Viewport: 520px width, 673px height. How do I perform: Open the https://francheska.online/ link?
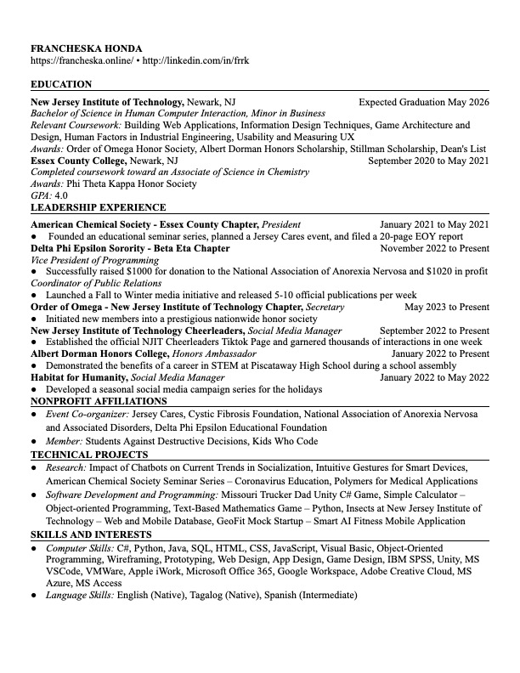click(81, 61)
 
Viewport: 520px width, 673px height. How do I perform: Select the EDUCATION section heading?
click(61, 85)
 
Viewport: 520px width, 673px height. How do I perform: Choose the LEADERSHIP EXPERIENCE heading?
click(98, 207)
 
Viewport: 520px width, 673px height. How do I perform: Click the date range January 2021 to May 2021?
click(434, 224)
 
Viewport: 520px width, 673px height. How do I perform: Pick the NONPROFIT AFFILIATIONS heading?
click(99, 401)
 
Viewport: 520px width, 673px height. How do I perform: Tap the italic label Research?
click(66, 467)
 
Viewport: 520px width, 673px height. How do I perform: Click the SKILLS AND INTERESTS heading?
click(91, 534)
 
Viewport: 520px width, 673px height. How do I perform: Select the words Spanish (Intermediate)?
click(311, 595)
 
